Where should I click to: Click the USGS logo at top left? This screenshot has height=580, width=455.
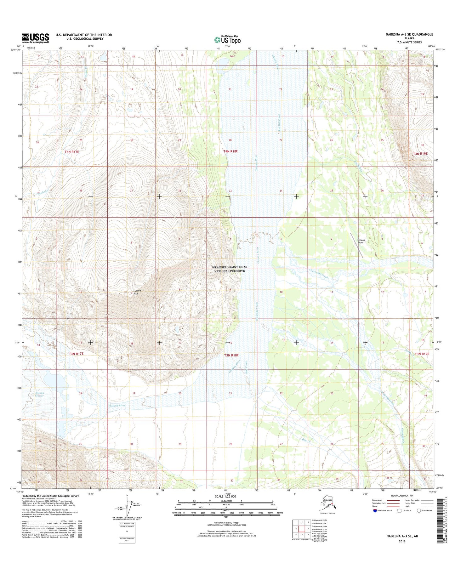tap(35, 38)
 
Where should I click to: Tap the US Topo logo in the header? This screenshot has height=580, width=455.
tap(227, 40)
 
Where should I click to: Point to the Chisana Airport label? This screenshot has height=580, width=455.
tap(361, 241)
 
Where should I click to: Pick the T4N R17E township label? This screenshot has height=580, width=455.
tap(72, 152)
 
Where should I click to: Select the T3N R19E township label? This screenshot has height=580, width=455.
tap(422, 354)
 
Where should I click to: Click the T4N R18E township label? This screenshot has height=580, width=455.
tap(230, 151)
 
